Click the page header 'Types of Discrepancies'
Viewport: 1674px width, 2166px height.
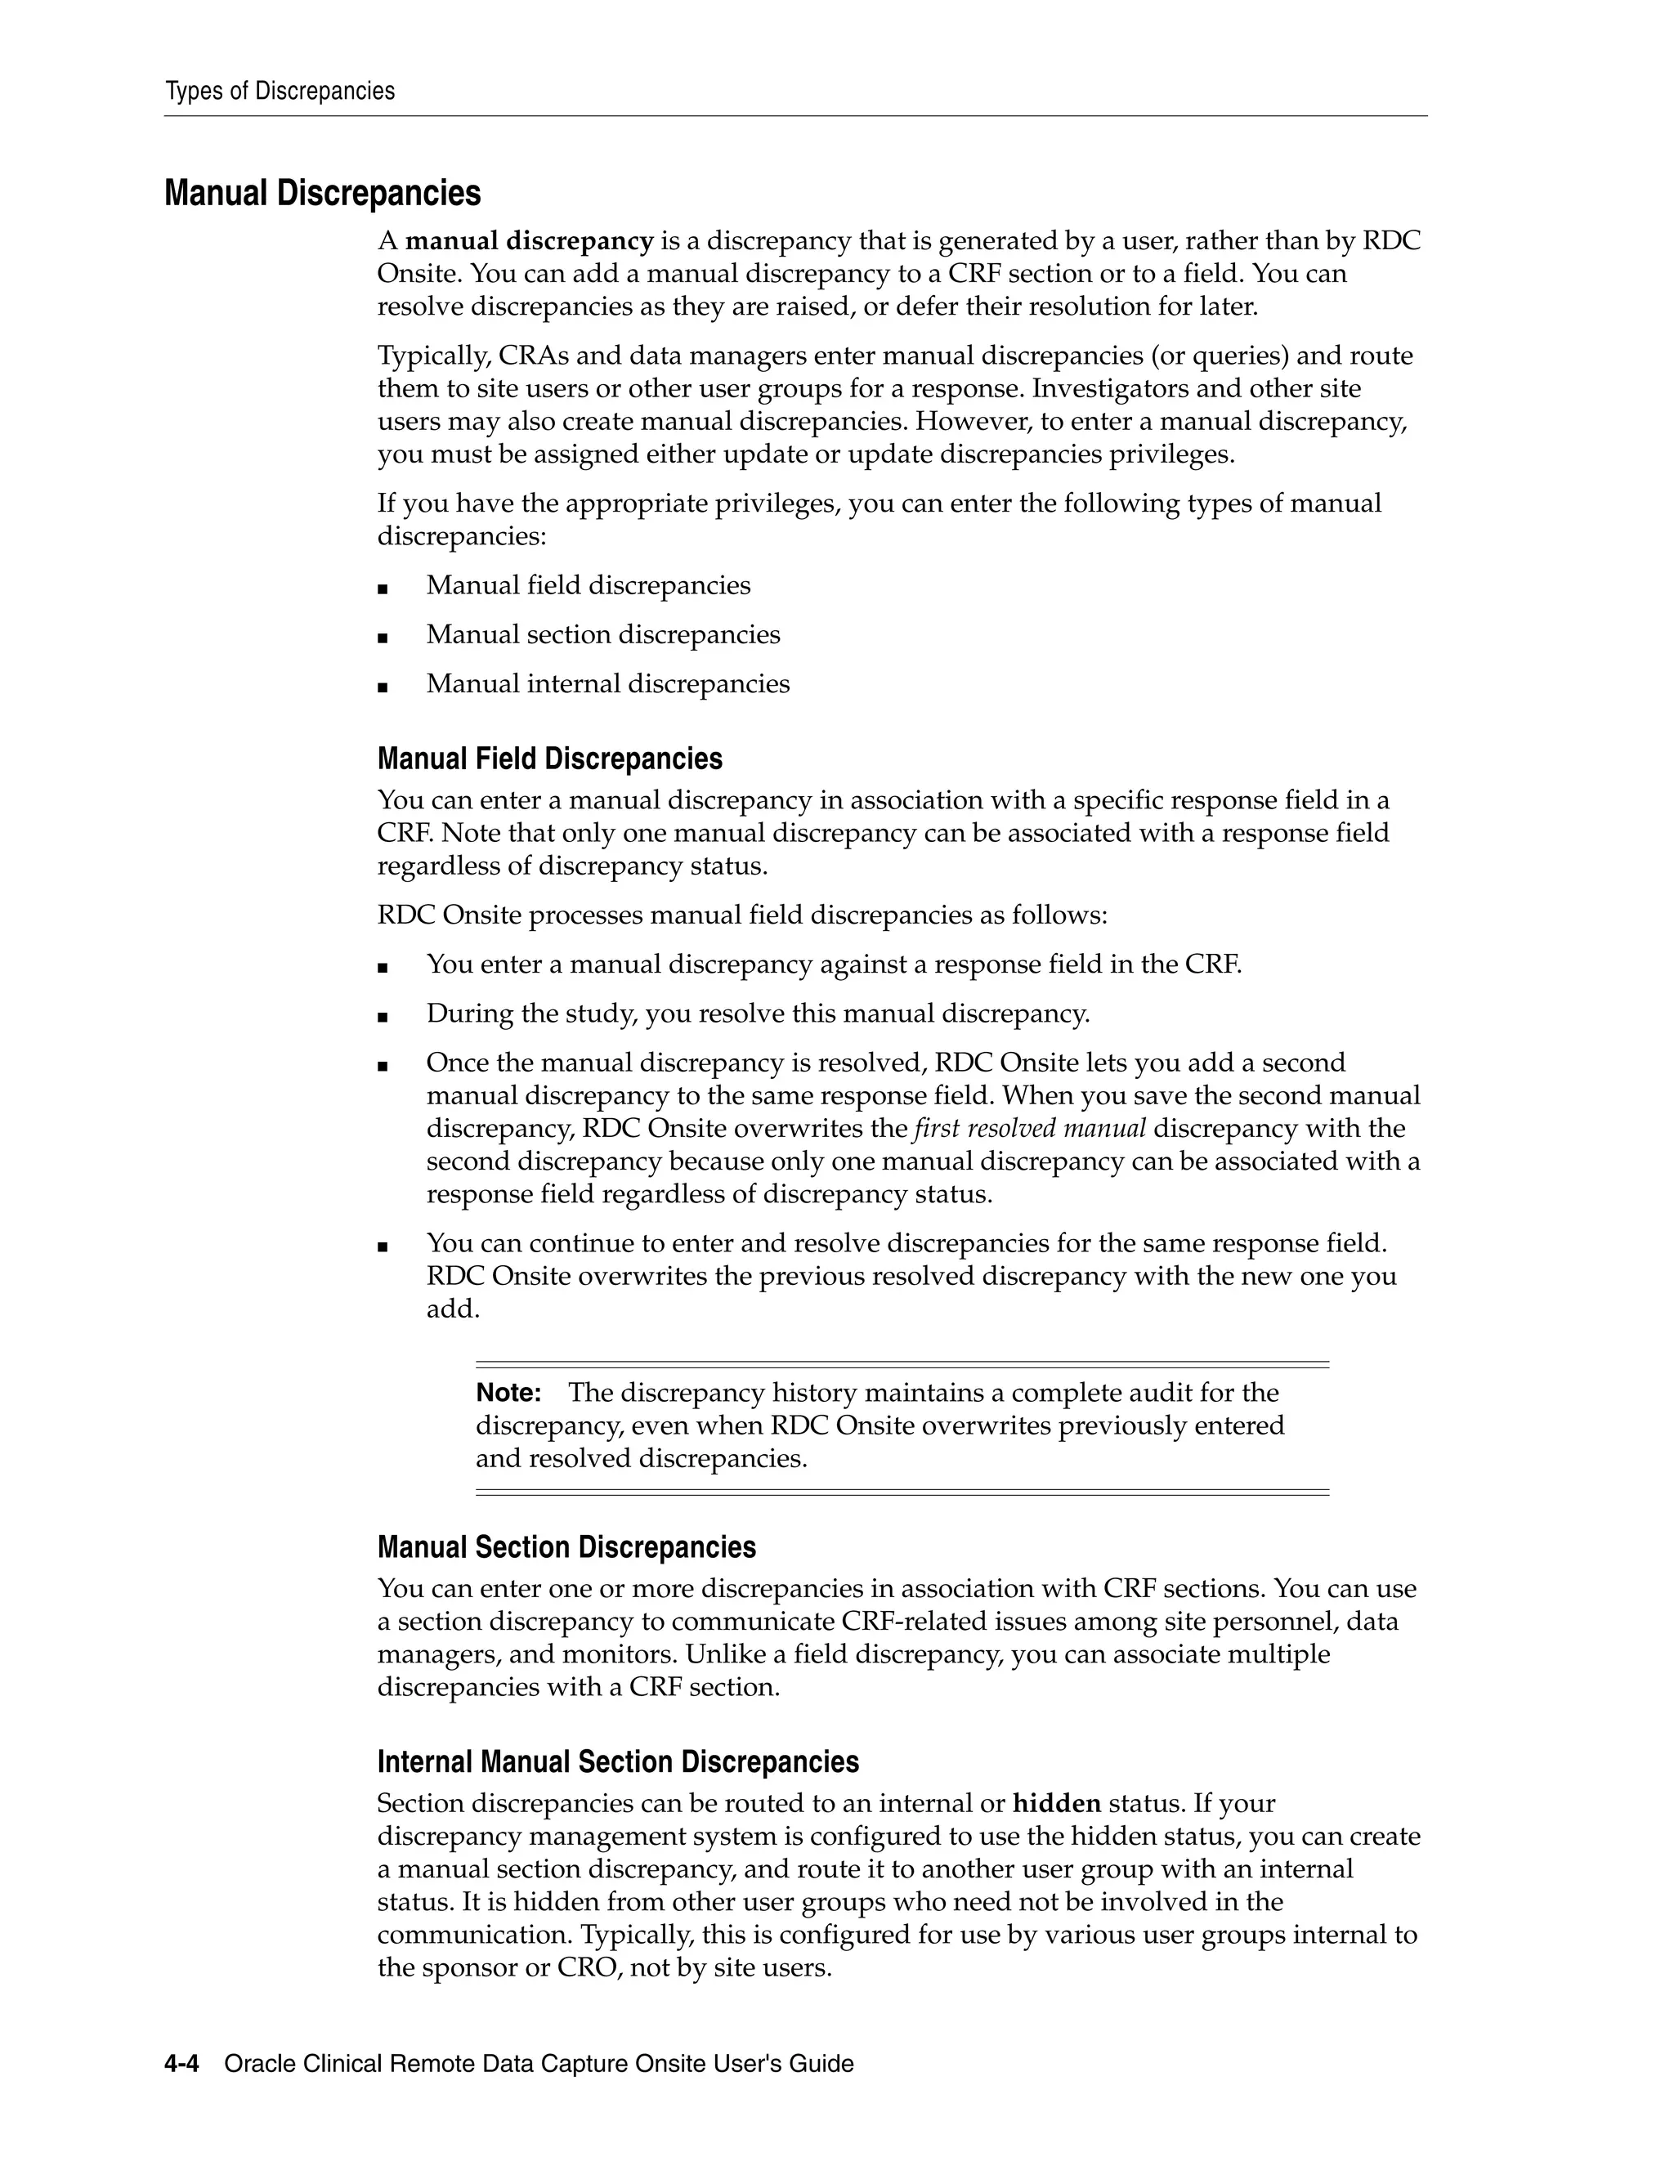[x=280, y=92]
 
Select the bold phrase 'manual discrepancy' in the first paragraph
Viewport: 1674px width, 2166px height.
[x=529, y=241]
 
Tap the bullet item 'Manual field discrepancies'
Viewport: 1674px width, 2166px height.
[x=588, y=585]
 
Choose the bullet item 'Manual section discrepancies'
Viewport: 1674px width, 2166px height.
[x=603, y=635]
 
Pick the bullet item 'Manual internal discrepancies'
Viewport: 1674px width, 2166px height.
[x=608, y=684]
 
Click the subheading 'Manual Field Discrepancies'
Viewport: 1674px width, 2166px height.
[x=549, y=759]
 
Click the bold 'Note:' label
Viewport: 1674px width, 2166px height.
[x=508, y=1393]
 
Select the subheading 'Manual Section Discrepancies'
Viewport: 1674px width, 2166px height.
[x=566, y=1547]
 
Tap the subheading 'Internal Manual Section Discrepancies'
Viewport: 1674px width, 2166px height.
[x=618, y=1761]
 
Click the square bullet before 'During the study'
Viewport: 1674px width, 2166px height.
[x=383, y=1015]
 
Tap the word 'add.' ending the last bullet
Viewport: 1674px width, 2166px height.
[x=453, y=1309]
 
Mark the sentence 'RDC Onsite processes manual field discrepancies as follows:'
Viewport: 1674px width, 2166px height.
[x=742, y=915]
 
